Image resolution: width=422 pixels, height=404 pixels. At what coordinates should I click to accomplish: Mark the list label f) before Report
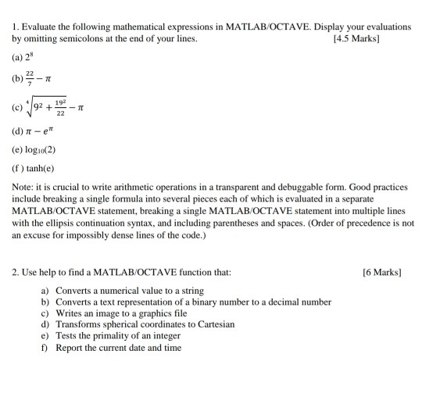pyautogui.click(x=45, y=348)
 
